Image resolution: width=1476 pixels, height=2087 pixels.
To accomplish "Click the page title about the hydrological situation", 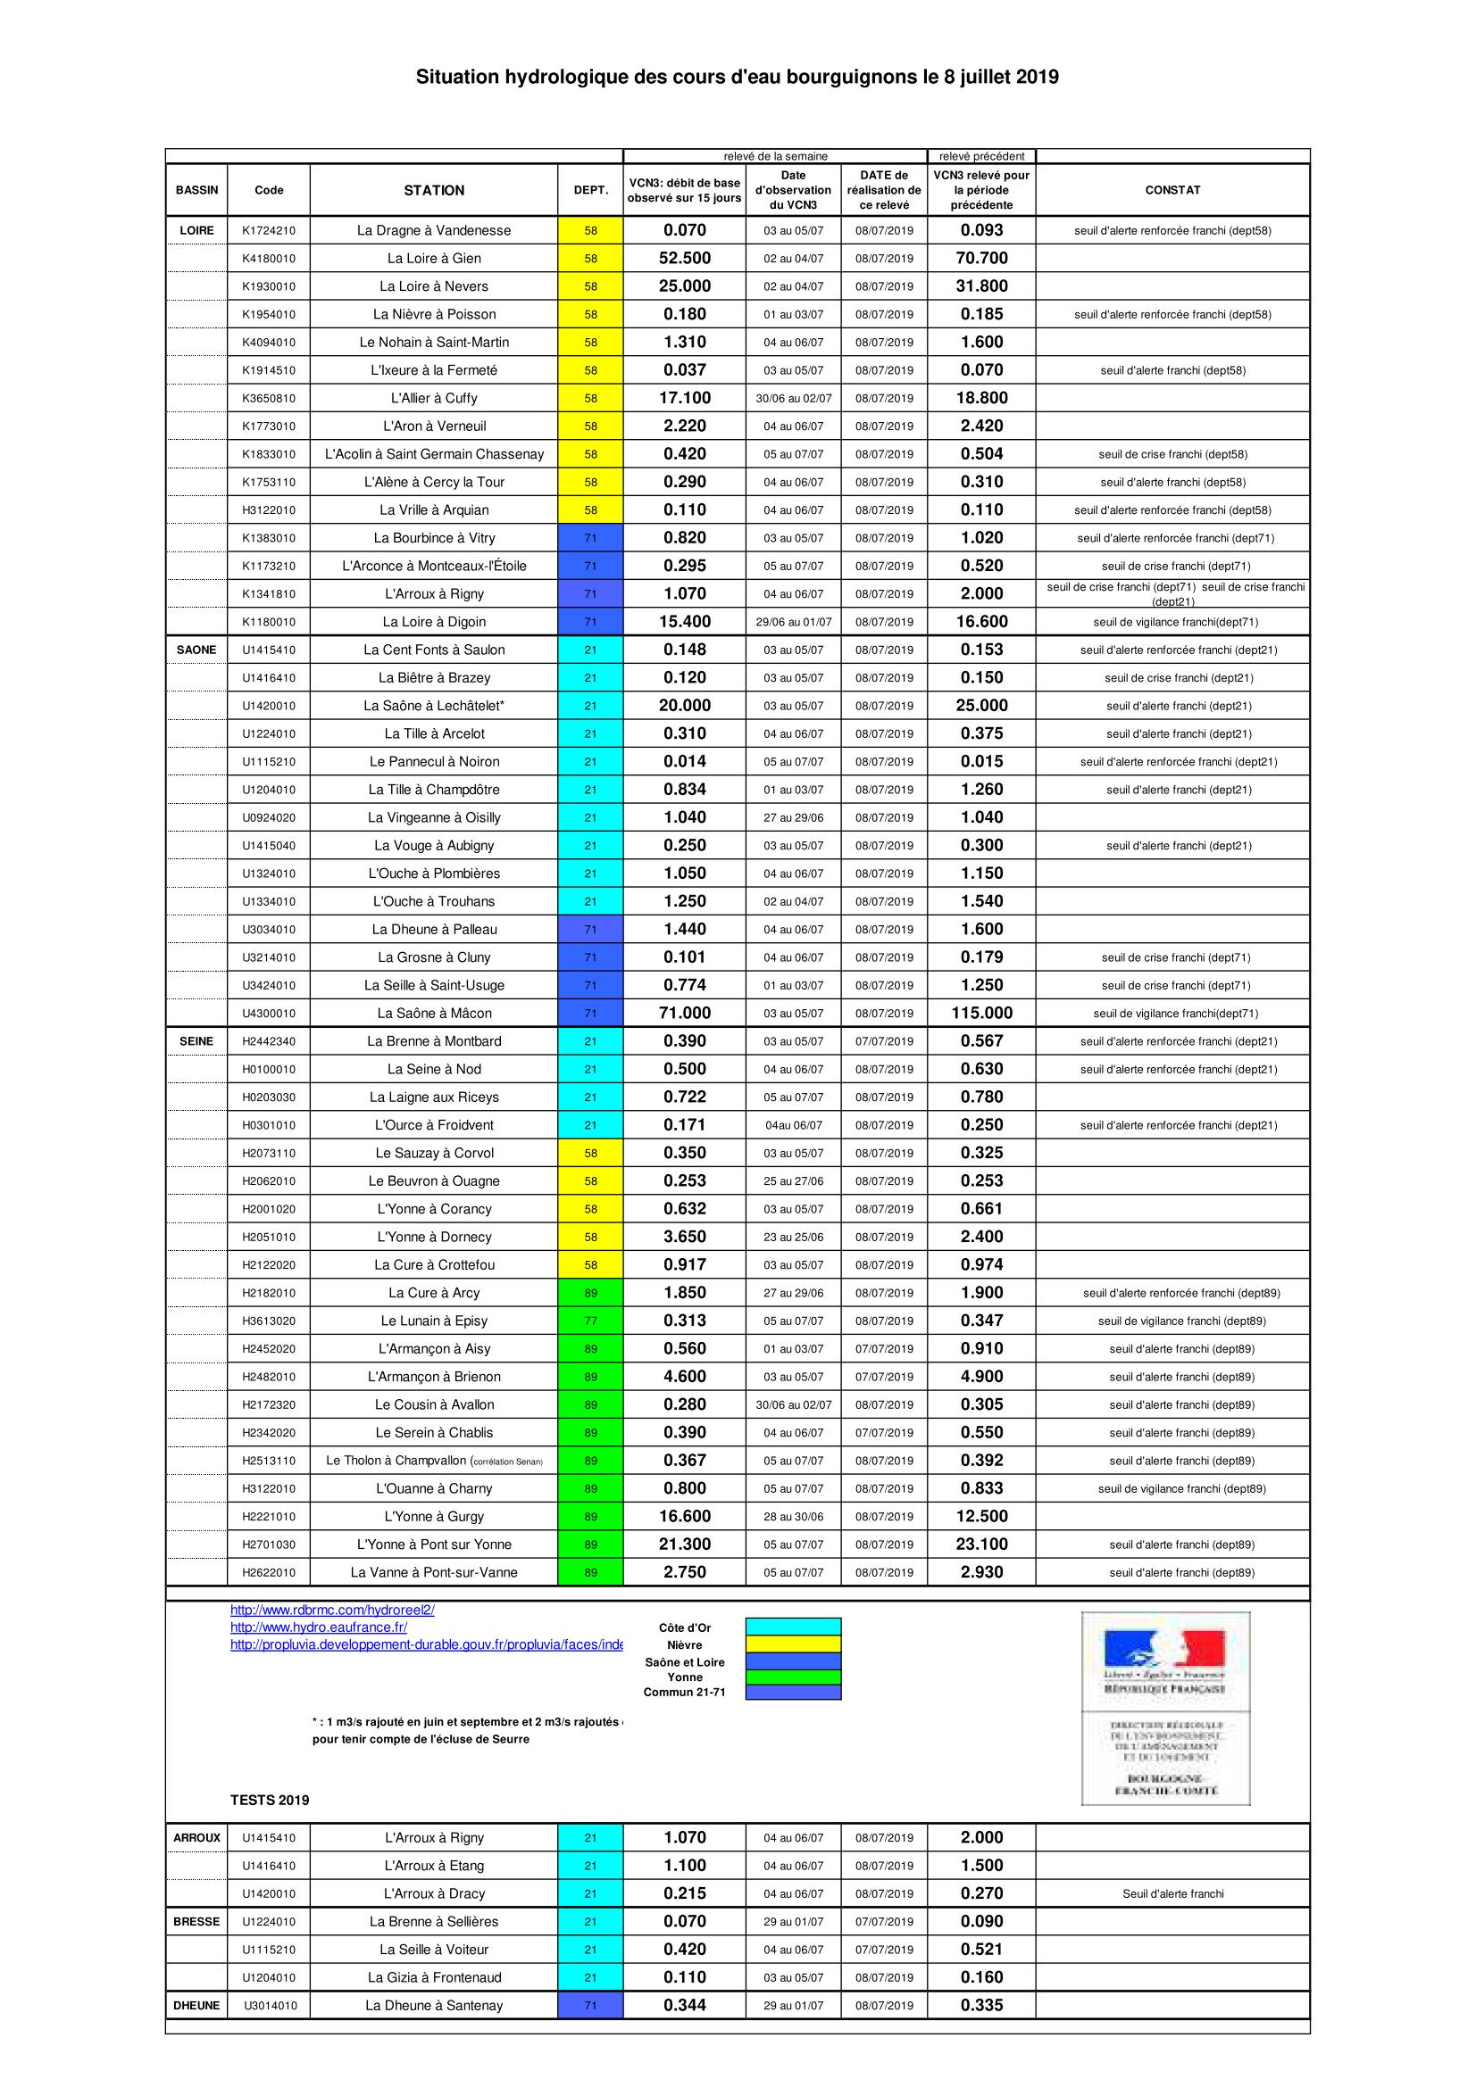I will point(737,79).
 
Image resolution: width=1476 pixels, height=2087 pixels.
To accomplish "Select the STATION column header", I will point(434,190).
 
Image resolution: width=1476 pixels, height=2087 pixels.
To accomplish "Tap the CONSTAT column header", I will point(1172,190).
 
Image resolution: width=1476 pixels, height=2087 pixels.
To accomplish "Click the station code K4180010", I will point(268,258).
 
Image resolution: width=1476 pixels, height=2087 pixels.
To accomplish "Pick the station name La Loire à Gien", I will point(434,258).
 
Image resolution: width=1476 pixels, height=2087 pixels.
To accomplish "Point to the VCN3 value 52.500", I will point(684,258).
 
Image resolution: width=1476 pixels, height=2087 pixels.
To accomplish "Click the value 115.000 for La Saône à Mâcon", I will point(981,1013).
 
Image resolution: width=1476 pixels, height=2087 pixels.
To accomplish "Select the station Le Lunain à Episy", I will point(434,1321).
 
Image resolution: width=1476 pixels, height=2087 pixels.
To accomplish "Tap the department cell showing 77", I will point(590,1321).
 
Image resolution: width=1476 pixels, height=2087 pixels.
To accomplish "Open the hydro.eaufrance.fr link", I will point(318,1627).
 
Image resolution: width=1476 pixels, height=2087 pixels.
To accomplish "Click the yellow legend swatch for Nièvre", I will point(793,1644).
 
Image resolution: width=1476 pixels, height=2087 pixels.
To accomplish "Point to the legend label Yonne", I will point(684,1677).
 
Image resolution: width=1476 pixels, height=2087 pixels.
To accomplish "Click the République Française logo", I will point(1165,1660).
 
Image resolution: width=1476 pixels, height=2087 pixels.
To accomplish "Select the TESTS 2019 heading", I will point(269,1800).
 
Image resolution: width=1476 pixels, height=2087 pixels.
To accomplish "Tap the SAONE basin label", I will point(196,650).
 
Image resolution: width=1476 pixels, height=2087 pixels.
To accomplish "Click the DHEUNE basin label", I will point(196,2004).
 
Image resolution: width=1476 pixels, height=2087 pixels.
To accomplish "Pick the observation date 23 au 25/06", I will point(793,1237).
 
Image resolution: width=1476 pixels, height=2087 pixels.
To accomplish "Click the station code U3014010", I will point(268,2004).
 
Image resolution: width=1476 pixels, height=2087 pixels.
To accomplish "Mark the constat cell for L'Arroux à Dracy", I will point(1172,1893).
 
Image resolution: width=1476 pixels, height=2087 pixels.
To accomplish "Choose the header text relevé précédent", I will point(981,156).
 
